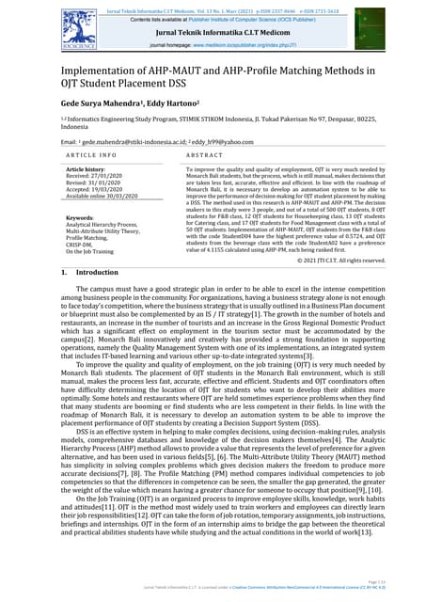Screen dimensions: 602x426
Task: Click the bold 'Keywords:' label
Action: point(80,218)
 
